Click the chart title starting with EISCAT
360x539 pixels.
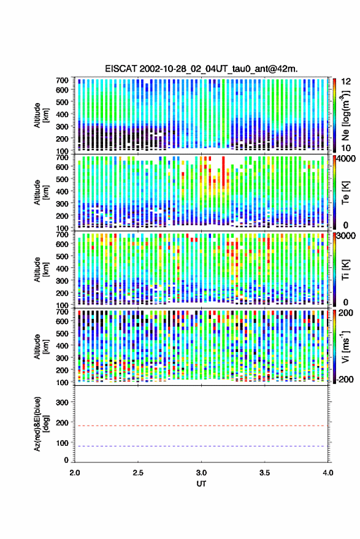click(201, 69)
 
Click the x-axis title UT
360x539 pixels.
click(201, 484)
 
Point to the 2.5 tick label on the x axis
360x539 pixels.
click(138, 473)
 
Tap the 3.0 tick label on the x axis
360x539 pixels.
click(201, 473)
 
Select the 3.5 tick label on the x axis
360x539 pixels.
click(264, 473)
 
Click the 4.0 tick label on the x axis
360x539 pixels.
click(327, 473)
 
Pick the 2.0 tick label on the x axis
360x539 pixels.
click(75, 473)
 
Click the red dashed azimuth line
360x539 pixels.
click(201, 426)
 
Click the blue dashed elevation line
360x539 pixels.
click(201, 446)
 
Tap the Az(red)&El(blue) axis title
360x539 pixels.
click(40, 424)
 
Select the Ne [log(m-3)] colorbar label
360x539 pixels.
click(345, 115)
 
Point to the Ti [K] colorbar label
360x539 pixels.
click(345, 270)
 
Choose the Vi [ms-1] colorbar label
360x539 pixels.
click(345, 346)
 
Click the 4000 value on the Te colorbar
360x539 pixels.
click(347, 159)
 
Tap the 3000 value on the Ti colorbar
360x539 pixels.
click(347, 236)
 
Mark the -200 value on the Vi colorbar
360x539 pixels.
click(345, 380)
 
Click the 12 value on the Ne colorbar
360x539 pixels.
click(347, 82)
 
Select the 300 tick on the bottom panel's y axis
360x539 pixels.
click(62, 402)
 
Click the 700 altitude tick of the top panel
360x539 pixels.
click(62, 80)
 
